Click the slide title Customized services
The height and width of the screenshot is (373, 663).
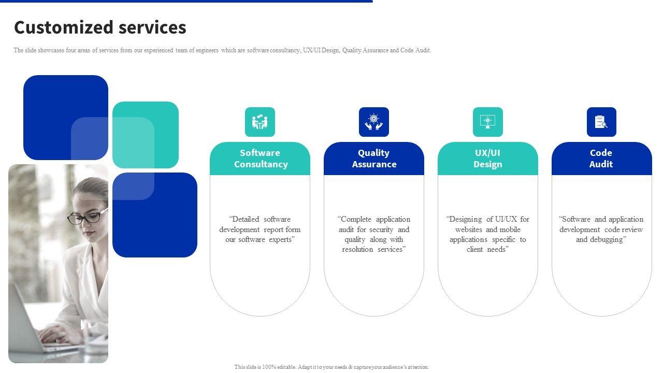tap(100, 27)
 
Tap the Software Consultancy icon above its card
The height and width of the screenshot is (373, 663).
tap(260, 122)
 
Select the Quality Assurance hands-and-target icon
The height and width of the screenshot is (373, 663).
tap(374, 122)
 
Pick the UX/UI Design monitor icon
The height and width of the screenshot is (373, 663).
tap(488, 122)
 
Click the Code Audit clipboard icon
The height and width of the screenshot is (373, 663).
tap(601, 122)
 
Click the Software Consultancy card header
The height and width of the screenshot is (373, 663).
tap(260, 159)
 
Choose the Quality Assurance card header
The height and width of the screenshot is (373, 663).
tap(374, 159)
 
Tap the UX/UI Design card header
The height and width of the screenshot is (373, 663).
tap(488, 159)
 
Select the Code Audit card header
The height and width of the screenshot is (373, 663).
tap(601, 159)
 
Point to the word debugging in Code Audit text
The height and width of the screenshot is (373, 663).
tap(608, 239)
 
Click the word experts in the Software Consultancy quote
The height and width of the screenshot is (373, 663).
tap(281, 239)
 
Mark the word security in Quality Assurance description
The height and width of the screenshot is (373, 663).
tap(382, 229)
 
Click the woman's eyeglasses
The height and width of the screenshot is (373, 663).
tap(87, 217)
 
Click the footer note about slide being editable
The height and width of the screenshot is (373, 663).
tap(331, 367)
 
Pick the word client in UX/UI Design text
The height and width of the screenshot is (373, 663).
tap(476, 249)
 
